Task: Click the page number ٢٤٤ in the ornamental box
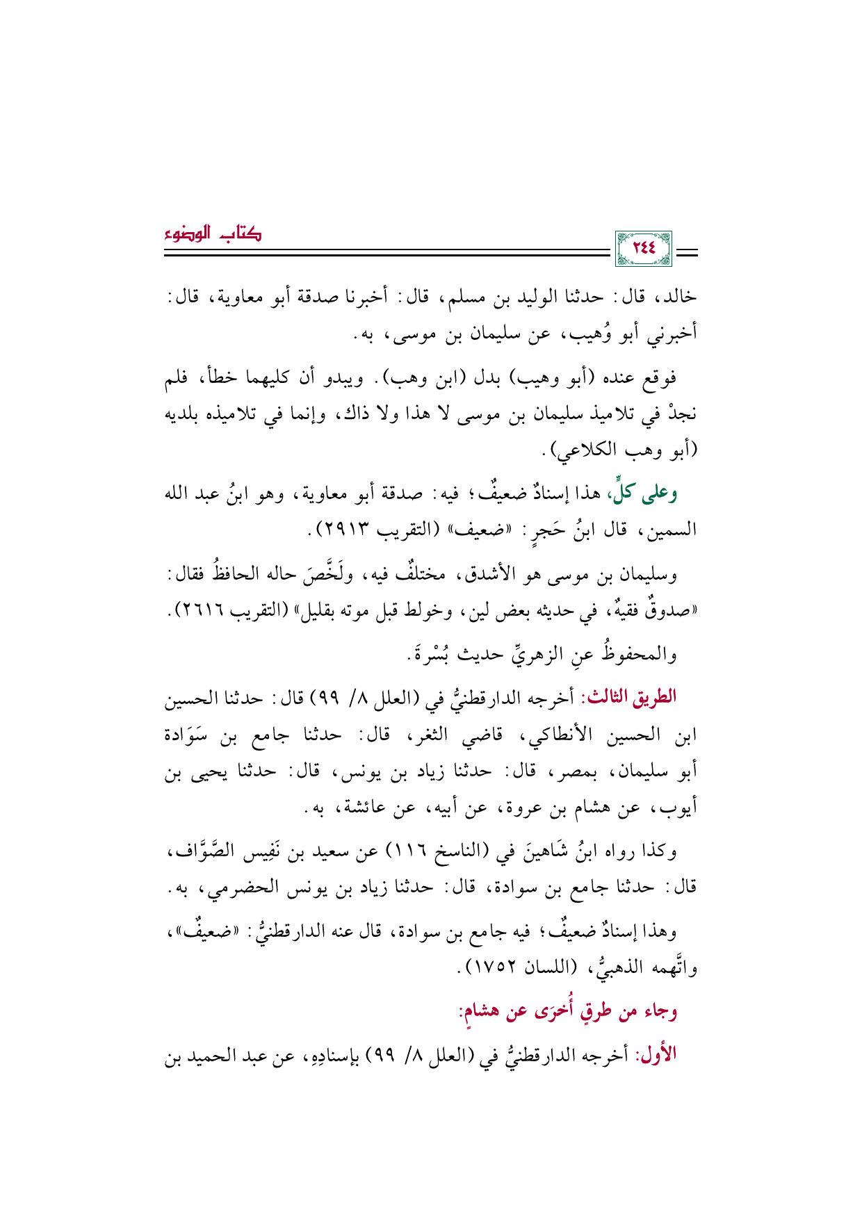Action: click(643, 248)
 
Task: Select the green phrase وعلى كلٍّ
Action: click(644, 493)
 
